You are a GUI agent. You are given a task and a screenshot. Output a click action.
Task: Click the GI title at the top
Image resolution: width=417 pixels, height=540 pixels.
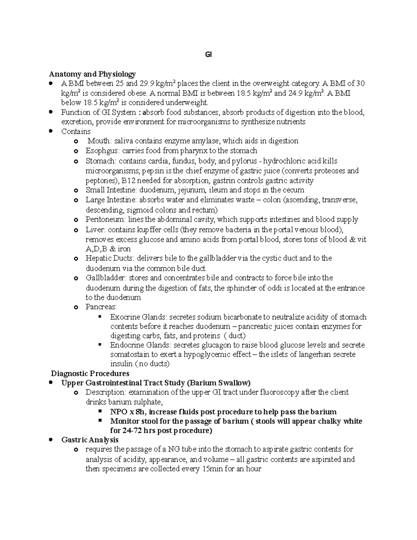208,55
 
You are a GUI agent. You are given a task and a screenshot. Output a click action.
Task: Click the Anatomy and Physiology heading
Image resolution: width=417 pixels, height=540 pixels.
92,74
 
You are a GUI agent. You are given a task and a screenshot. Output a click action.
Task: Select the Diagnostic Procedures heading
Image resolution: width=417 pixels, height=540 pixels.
90,373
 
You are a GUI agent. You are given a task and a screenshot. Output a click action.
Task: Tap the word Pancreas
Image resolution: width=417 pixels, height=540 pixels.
100,307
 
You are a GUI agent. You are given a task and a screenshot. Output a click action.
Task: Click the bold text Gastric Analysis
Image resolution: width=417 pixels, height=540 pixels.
90,440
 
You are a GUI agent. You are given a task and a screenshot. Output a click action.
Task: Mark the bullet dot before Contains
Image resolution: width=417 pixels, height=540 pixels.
51,131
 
